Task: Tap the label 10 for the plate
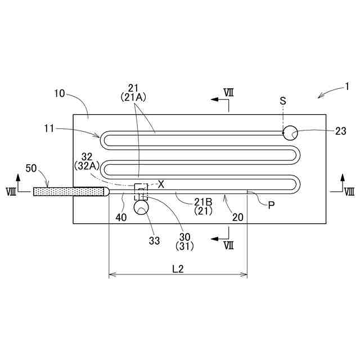[x=60, y=93]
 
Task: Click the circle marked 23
[x=290, y=133]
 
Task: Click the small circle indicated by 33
[x=140, y=208]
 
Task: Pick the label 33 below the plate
[x=154, y=240]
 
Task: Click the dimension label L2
[x=178, y=269]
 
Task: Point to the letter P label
[x=271, y=205]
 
